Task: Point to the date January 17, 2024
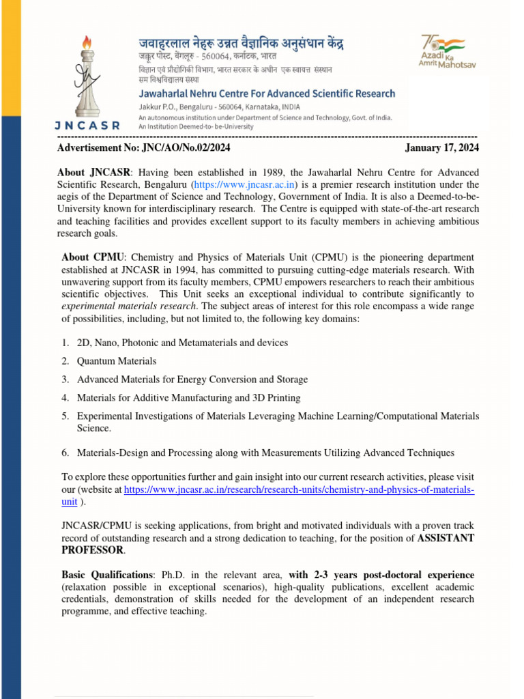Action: pyautogui.click(x=441, y=147)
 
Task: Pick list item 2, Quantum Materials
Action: pyautogui.click(x=117, y=361)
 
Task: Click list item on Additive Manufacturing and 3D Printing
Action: pyautogui.click(x=188, y=397)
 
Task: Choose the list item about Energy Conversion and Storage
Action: pyautogui.click(x=192, y=380)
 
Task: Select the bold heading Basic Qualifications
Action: pyautogui.click(x=106, y=575)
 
